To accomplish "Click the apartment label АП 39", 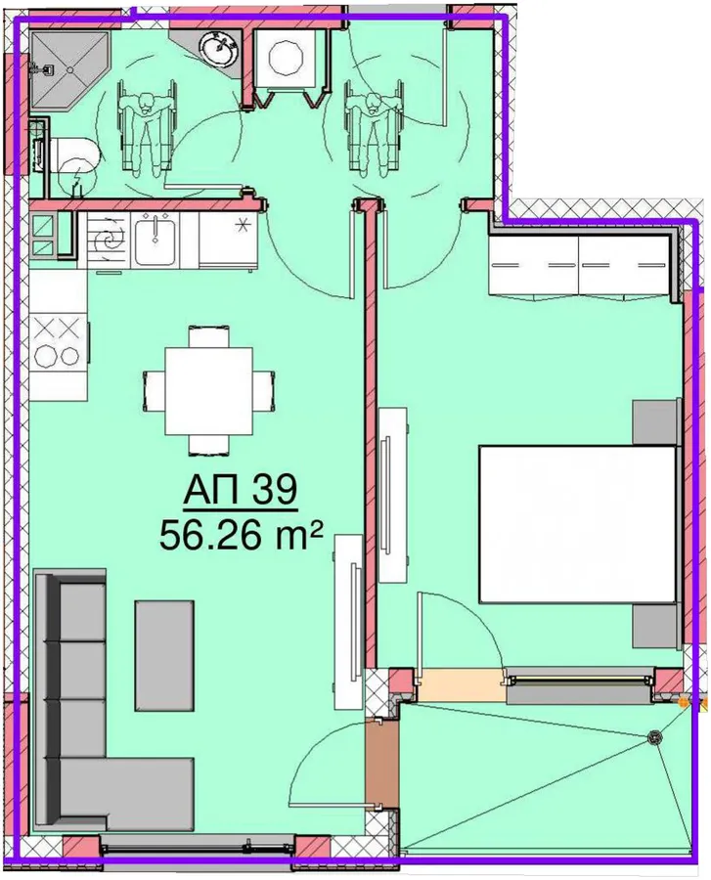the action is (x=240, y=492).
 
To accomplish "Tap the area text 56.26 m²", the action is (x=242, y=536).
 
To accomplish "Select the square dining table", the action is (x=208, y=390).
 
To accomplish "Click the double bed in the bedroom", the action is (x=577, y=524).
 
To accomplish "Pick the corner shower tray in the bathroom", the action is (x=69, y=69).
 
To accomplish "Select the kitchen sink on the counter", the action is (x=155, y=241).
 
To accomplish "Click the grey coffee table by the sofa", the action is (x=164, y=655).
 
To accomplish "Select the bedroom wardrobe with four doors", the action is (x=580, y=264).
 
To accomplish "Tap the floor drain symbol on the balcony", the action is (x=653, y=738).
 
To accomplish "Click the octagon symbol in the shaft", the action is (x=288, y=57).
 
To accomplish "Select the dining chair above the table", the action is (x=208, y=336).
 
